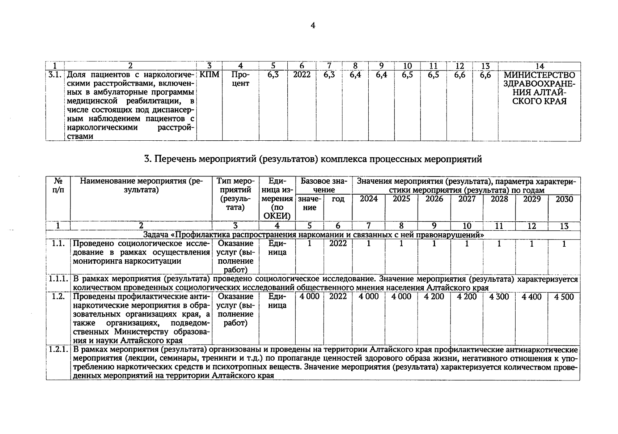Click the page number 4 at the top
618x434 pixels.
pyautogui.click(x=313, y=25)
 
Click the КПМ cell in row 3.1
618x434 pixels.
pyautogui.click(x=209, y=75)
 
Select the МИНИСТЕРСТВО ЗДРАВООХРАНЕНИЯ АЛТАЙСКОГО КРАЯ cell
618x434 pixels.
pyautogui.click(x=539, y=88)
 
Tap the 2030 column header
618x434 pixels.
pyautogui.click(x=564, y=199)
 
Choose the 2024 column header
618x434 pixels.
pyautogui.click(x=369, y=199)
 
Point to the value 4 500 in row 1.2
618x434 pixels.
pyautogui.click(x=564, y=297)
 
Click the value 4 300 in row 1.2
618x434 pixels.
pyautogui.click(x=499, y=297)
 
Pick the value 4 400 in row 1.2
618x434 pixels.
pyautogui.click(x=532, y=297)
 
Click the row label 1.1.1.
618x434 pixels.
pyautogui.click(x=58, y=279)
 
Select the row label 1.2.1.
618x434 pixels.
pyautogui.click(x=58, y=350)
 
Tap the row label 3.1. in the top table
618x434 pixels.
pyautogui.click(x=55, y=75)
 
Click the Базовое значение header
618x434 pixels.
pyautogui.click(x=323, y=185)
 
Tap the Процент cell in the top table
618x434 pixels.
pyautogui.click(x=240, y=79)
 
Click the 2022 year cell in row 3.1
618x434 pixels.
pyautogui.click(x=301, y=75)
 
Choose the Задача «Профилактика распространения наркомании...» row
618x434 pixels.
pyautogui.click(x=313, y=235)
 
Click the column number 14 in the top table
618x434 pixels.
pyautogui.click(x=539, y=66)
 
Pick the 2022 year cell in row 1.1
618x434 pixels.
pyautogui.click(x=338, y=244)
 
